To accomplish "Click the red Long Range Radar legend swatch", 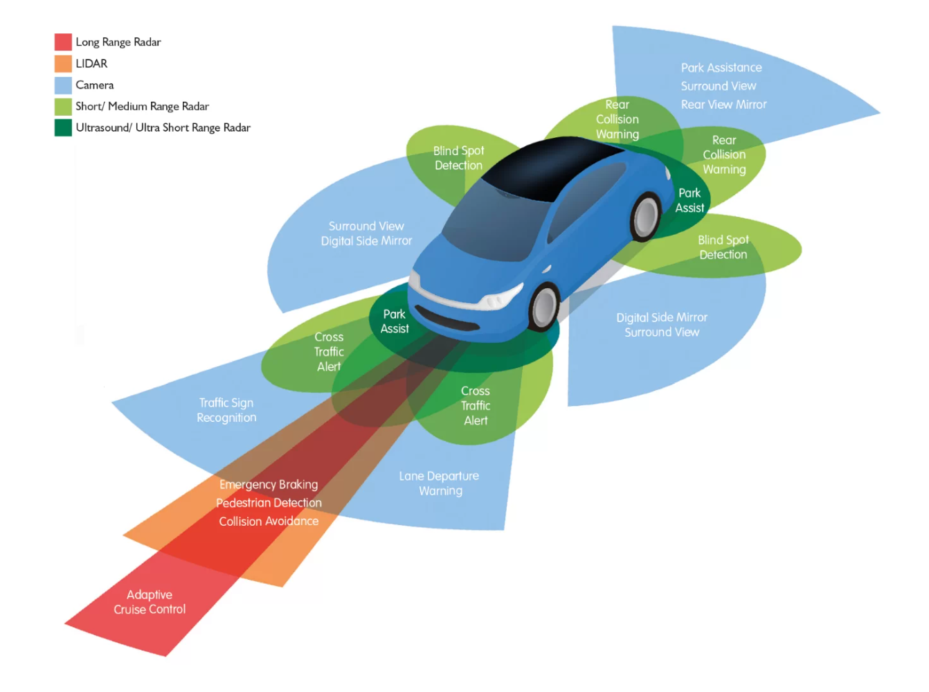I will (x=63, y=42).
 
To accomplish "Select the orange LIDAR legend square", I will (x=63, y=64).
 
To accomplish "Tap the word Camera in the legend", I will (x=95, y=85).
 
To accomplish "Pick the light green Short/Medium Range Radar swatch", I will (x=63, y=107).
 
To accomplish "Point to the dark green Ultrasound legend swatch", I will (x=63, y=128).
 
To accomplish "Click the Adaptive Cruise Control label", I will (x=150, y=602).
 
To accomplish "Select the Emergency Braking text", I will (x=269, y=484).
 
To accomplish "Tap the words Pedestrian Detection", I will (x=269, y=503).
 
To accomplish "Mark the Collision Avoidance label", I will (x=269, y=521).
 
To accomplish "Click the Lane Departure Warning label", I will (x=440, y=483).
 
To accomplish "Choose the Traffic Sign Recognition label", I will (x=226, y=410).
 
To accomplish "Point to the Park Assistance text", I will (x=721, y=68).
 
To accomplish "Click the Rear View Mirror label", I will (x=723, y=105).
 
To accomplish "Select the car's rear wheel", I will (x=646, y=217).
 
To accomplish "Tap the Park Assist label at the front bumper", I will (x=395, y=321).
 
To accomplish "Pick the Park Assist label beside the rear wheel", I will (x=689, y=200).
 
